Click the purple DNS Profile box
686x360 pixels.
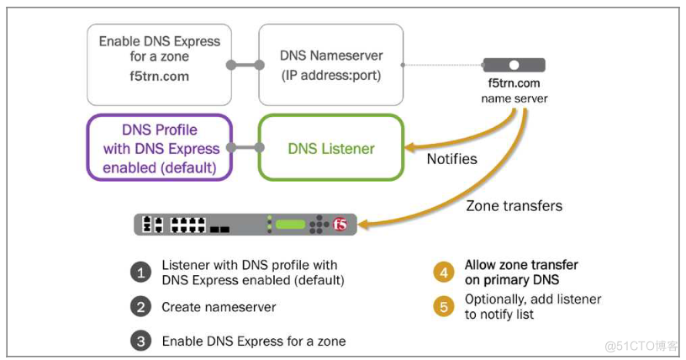pos(159,147)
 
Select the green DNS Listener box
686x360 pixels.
pos(331,148)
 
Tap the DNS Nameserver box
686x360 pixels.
pos(331,65)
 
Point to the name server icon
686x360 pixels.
pos(514,65)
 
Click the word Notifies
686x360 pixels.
pos(451,158)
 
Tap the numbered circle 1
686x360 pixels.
pos(140,273)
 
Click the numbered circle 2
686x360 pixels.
pos(140,307)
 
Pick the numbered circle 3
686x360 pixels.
pos(140,341)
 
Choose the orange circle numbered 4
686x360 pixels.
pos(443,273)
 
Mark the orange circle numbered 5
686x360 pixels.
pos(443,307)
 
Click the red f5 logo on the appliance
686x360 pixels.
pos(340,225)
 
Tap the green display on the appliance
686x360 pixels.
pos(290,225)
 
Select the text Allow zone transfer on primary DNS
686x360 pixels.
pos(521,273)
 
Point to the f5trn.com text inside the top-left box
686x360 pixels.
pos(160,76)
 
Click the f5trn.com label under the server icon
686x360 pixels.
pos(514,83)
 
